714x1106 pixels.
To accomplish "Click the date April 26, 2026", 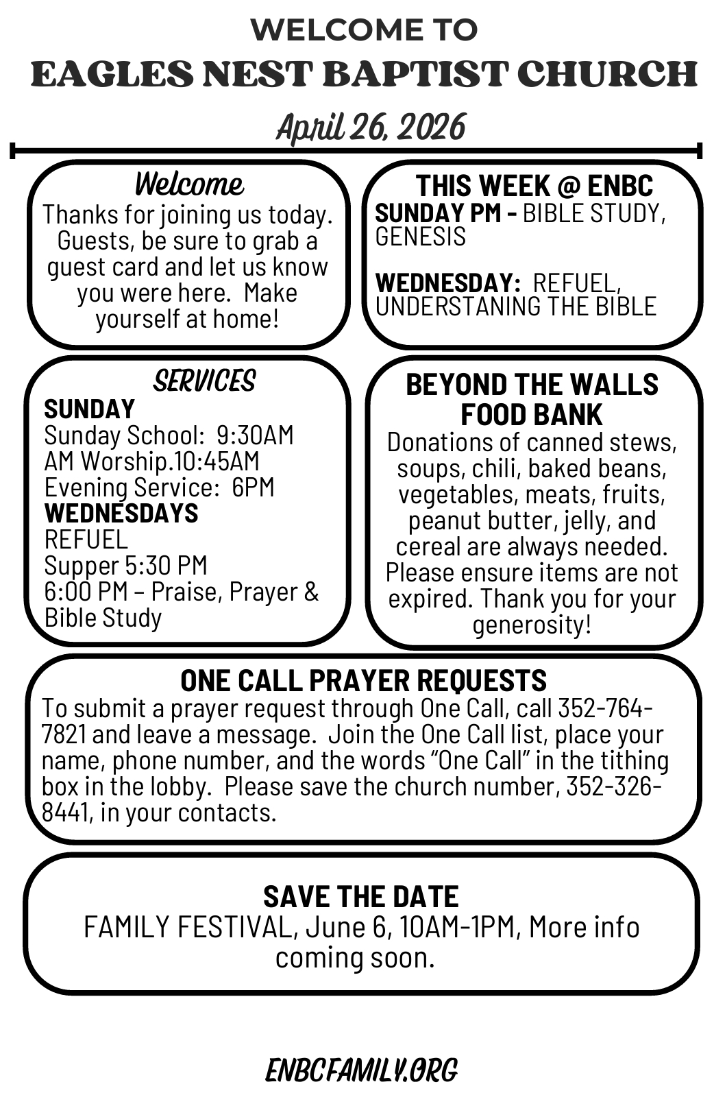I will [x=371, y=128].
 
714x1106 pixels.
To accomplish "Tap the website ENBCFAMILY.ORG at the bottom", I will [x=361, y=1070].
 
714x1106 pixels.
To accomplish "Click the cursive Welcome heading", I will [x=188, y=184].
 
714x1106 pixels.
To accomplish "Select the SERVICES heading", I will [x=204, y=381].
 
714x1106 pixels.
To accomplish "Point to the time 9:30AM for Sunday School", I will [x=255, y=435].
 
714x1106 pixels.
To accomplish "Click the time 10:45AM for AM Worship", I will [x=217, y=461].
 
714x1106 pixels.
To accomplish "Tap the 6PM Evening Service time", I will [x=253, y=488].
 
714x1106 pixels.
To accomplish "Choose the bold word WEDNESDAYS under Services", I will [x=121, y=513].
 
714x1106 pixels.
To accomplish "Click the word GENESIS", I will [x=420, y=237].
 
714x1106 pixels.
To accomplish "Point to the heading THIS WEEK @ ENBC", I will [x=534, y=186].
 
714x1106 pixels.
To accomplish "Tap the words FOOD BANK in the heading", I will [x=531, y=415].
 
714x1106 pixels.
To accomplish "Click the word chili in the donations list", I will [x=489, y=468].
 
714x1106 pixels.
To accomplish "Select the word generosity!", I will [x=531, y=625].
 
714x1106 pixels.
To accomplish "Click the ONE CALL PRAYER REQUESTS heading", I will [x=363, y=680].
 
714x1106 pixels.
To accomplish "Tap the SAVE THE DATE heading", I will [x=361, y=897].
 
